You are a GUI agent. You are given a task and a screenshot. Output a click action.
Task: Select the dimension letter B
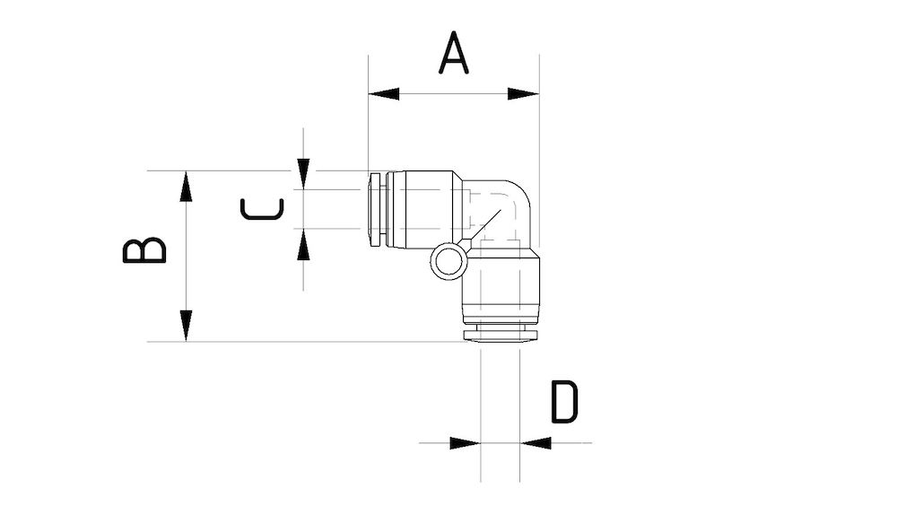[144, 250]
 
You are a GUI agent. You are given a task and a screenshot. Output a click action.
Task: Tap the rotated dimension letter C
[262, 209]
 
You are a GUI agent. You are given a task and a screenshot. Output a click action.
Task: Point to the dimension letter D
[564, 402]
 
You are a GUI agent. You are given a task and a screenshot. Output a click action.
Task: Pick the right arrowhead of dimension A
[524, 93]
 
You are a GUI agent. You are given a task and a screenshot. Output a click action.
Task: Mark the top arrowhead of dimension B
[186, 186]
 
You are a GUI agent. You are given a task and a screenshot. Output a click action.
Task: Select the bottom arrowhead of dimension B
[186, 325]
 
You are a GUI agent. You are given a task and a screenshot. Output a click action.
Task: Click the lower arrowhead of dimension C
[304, 244]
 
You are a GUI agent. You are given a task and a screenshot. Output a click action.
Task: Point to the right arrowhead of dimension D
[536, 442]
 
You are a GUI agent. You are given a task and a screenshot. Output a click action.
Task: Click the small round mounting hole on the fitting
[448, 262]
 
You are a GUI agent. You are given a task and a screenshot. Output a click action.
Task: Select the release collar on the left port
[376, 209]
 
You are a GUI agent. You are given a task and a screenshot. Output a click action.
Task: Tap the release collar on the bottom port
[500, 334]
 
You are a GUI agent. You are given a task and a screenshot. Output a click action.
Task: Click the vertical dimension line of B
[186, 256]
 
